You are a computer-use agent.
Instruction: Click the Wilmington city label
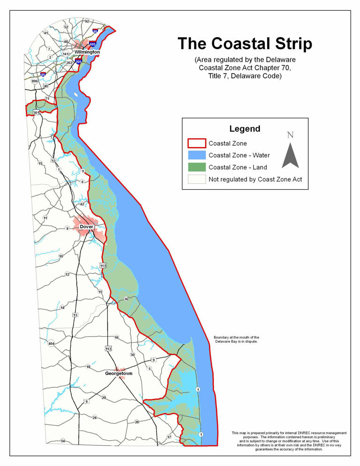[x=87, y=52]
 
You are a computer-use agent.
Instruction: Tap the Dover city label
[x=87, y=227]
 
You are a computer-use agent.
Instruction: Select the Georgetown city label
[x=119, y=374]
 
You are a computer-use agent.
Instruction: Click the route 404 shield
[x=51, y=344]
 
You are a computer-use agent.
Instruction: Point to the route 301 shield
[x=36, y=113]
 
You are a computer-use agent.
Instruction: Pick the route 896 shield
[x=34, y=81]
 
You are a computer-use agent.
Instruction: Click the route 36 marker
[x=126, y=299]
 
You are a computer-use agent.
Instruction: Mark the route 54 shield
[x=63, y=441]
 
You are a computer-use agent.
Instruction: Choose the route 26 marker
[x=137, y=422]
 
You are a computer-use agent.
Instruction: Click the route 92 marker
[x=87, y=21]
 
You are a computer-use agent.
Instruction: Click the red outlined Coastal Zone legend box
[x=196, y=143]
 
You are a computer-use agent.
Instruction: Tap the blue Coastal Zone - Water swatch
[x=196, y=155]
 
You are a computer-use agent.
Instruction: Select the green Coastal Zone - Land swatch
[x=196, y=167]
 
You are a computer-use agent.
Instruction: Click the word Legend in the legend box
[x=245, y=129]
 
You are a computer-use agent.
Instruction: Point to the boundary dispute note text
[x=236, y=339]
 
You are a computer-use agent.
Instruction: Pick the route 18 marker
[x=88, y=367]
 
